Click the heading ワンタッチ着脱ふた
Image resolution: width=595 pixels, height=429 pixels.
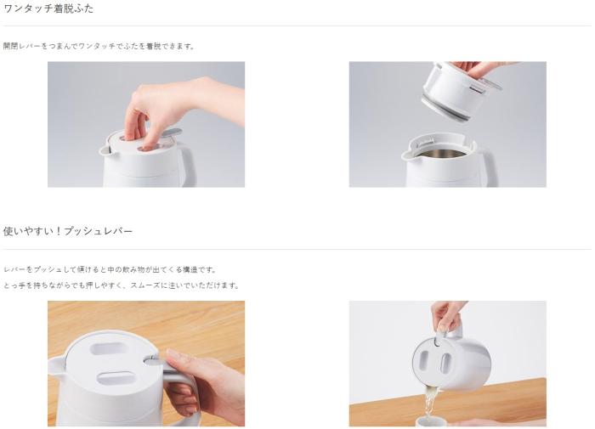(x=48, y=8)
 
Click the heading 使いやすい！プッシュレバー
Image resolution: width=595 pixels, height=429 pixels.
(x=68, y=231)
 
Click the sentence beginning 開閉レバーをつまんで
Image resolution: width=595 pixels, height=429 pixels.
(x=99, y=46)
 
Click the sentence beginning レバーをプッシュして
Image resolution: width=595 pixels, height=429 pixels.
(x=110, y=269)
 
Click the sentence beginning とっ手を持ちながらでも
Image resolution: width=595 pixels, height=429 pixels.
(x=122, y=285)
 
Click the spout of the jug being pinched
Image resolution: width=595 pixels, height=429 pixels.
(x=105, y=150)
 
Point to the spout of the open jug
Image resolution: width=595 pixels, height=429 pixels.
(x=407, y=155)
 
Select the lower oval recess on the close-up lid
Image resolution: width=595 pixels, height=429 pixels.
(x=116, y=378)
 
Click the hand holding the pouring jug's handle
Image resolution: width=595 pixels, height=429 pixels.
(x=447, y=315)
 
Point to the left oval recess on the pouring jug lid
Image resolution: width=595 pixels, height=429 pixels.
(x=424, y=362)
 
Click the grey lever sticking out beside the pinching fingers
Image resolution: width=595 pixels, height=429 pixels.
(x=172, y=133)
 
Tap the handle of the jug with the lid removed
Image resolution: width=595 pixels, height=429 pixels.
(x=489, y=166)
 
